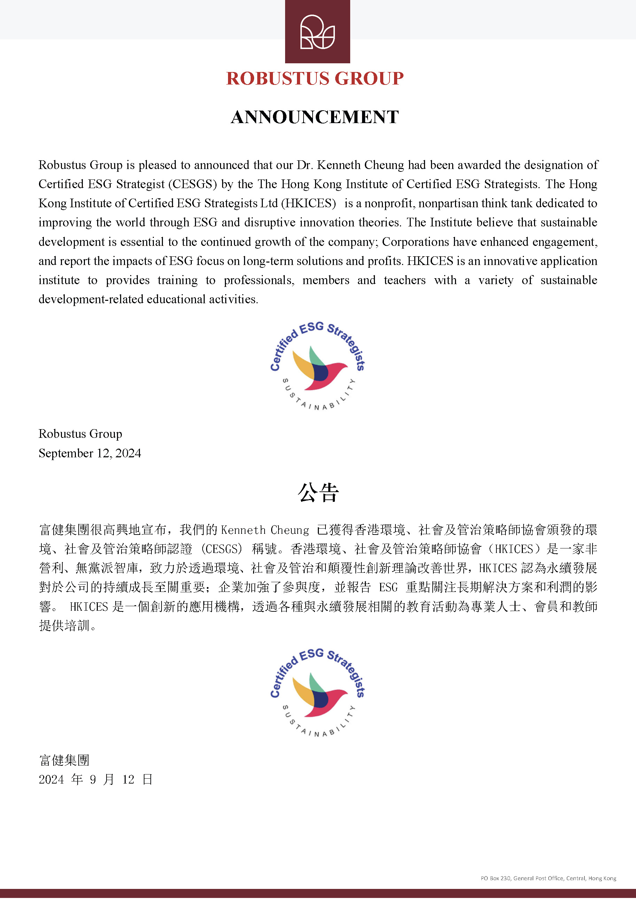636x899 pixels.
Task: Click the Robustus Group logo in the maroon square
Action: [317, 32]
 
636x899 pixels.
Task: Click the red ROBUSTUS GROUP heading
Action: [315, 78]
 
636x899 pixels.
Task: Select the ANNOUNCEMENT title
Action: [315, 117]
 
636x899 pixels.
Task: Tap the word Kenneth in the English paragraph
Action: [339, 165]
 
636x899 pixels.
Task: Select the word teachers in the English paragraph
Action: [405, 280]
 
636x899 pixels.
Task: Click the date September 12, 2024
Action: [90, 453]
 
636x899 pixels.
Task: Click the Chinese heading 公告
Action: [318, 492]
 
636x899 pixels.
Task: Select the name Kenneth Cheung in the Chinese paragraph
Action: [265, 530]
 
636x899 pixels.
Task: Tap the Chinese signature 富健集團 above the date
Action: [64, 760]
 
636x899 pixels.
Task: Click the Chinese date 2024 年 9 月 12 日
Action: [95, 780]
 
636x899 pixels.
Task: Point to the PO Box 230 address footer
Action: [548, 878]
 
